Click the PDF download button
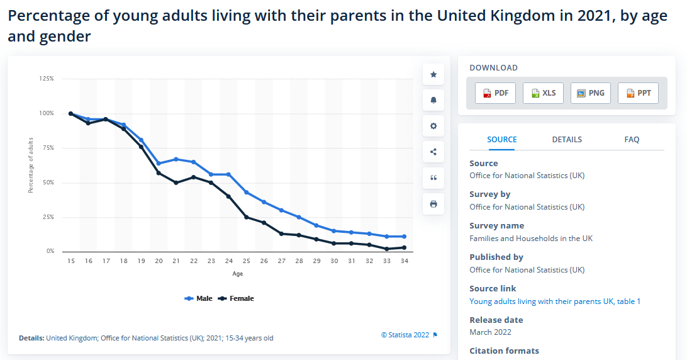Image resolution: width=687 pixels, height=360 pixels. [x=495, y=93]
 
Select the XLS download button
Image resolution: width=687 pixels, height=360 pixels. [x=543, y=93]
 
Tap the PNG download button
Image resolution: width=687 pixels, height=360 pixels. [x=591, y=93]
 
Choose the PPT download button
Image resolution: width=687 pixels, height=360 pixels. [x=638, y=93]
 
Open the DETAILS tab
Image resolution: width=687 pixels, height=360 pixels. [x=567, y=140]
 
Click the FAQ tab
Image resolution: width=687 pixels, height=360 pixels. [x=632, y=140]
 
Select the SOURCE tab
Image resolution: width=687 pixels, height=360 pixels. [x=502, y=140]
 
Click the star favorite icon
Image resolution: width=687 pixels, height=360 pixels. [x=433, y=74]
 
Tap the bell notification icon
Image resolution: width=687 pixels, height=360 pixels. [x=433, y=101]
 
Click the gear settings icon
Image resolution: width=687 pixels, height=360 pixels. [x=433, y=127]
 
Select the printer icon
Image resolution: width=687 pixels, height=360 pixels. [x=433, y=205]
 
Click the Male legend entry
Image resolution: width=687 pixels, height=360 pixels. [x=198, y=298]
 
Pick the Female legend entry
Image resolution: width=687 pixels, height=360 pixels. [x=236, y=298]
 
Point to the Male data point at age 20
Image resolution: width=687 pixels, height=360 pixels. [x=159, y=164]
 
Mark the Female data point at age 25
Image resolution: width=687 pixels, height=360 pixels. [x=246, y=217]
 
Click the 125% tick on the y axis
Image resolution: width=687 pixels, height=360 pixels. [x=47, y=79]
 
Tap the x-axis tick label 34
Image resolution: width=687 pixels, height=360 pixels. [x=405, y=261]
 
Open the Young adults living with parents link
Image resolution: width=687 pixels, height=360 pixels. [x=555, y=301]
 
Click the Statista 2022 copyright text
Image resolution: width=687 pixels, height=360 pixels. [x=405, y=335]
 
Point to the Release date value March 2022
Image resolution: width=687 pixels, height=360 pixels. [x=490, y=332]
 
